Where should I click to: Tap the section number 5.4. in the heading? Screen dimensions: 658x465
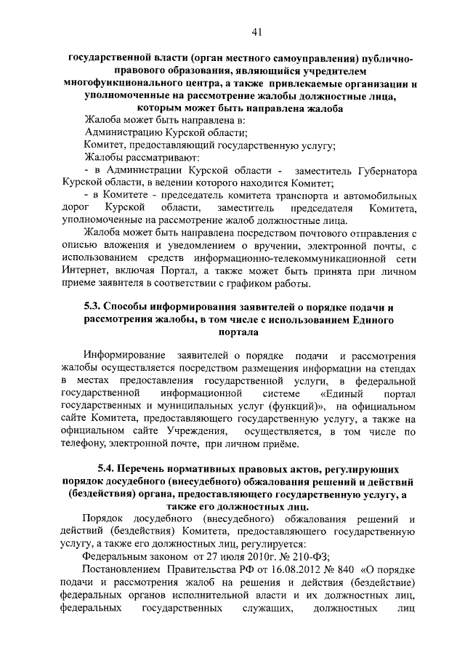coord(109,462)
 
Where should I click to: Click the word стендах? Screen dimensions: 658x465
coord(396,369)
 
